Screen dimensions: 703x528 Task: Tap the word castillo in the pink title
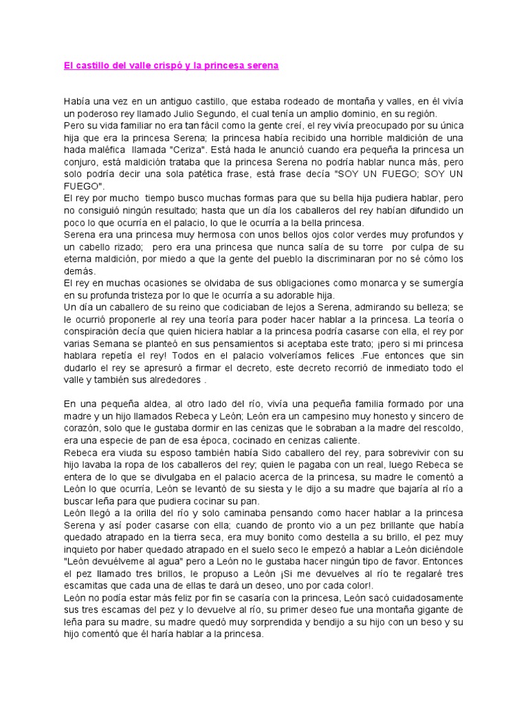[93, 66]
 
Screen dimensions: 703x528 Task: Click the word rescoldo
[440, 428]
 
